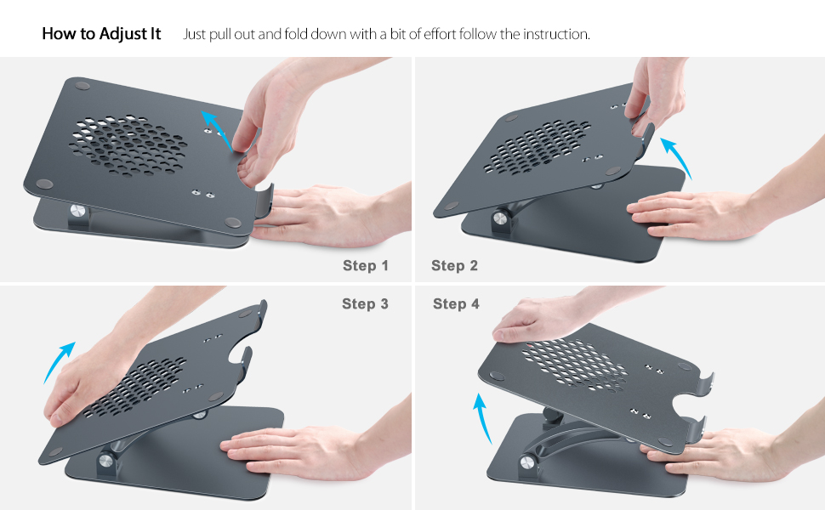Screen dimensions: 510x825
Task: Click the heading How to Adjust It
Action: click(101, 34)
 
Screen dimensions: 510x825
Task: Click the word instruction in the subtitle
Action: click(555, 34)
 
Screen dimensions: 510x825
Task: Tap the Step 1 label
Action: click(366, 266)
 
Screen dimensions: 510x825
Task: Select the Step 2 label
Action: click(454, 266)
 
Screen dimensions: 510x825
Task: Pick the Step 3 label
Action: click(365, 303)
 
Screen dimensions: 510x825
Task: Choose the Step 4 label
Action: click(456, 303)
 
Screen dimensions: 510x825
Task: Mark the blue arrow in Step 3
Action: click(58, 361)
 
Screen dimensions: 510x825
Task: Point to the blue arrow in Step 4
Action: click(484, 416)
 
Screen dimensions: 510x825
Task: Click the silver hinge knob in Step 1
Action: click(78, 210)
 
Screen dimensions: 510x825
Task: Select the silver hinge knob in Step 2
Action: click(500, 218)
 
